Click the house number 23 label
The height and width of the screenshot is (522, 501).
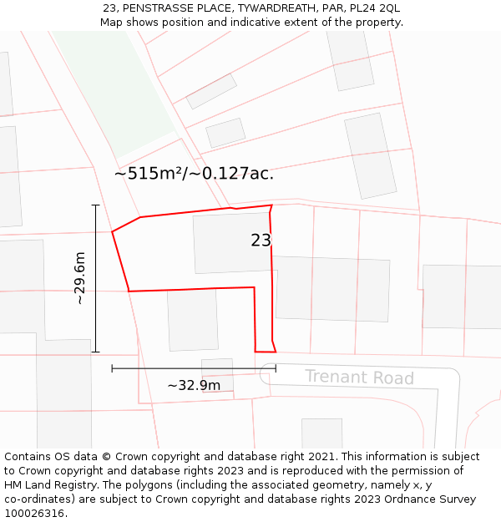(x=261, y=241)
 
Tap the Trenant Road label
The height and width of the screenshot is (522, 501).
(x=359, y=378)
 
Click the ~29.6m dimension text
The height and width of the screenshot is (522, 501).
(x=80, y=278)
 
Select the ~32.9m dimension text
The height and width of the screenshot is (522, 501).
(x=194, y=386)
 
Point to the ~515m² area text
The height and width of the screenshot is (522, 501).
(x=149, y=174)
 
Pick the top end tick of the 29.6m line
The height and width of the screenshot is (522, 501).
(x=95, y=205)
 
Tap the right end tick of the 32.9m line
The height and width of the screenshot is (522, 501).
(x=276, y=367)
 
